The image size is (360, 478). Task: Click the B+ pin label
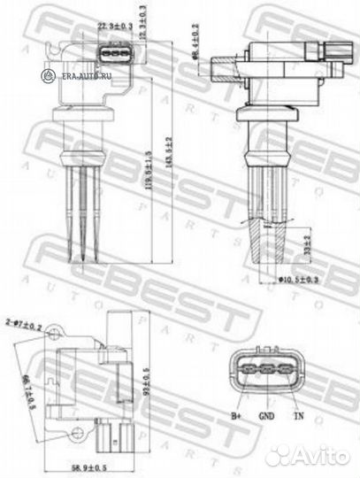click(236, 413)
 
